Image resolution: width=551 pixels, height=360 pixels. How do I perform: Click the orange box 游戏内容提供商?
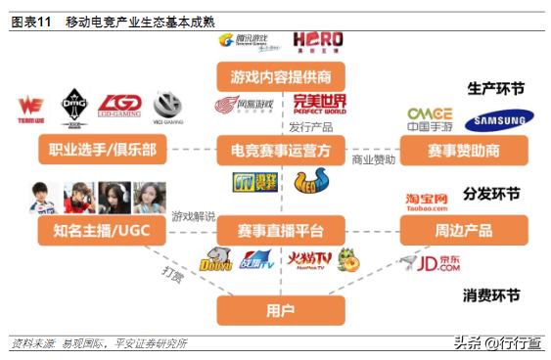274,74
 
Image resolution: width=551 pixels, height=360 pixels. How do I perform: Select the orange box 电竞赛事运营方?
274,151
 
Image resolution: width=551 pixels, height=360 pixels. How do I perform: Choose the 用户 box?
275,309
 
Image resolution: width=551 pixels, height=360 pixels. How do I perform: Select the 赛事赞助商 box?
464,151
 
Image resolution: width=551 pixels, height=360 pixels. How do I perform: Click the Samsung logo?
499,121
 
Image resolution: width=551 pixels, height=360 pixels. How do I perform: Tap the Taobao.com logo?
427,202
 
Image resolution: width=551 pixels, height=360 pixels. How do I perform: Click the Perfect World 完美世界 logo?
319,105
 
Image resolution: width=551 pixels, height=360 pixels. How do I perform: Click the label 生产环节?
495,89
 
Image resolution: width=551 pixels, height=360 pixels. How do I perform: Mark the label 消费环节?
491,294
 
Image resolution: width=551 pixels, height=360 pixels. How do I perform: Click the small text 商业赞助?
375,159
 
